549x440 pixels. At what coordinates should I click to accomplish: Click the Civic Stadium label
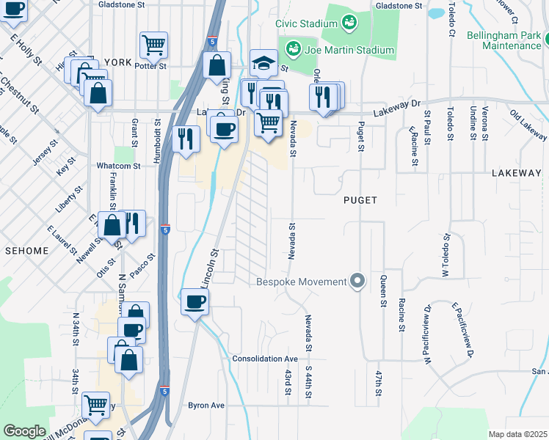pos(305,23)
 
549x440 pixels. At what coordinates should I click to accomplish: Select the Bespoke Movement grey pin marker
pos(357,282)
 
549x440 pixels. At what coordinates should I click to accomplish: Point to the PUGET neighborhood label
pos(360,199)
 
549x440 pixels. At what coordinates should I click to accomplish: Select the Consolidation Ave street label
pos(265,359)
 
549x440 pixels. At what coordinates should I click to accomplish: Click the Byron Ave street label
pos(206,405)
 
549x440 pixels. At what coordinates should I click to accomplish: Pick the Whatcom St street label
pos(118,166)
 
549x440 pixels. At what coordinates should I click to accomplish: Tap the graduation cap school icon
pos(263,64)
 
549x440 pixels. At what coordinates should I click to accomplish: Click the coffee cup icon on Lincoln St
pos(194,302)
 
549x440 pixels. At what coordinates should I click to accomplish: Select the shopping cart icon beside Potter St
pos(153,45)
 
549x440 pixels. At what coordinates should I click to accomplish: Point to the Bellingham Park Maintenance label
pos(512,40)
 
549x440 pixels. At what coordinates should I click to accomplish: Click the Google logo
pos(24,431)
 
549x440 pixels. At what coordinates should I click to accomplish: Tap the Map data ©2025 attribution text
pos(517,434)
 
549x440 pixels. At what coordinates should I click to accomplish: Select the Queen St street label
pos(382,290)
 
